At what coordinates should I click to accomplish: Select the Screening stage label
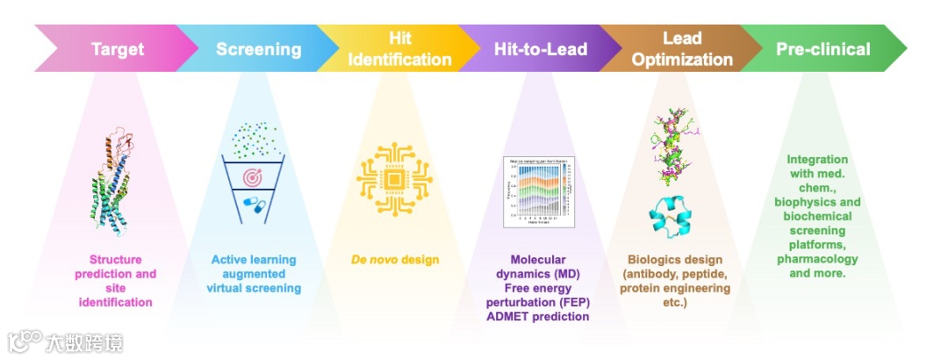(x=258, y=49)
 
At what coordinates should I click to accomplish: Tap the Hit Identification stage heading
(x=399, y=49)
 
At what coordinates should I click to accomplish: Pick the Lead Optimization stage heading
(x=682, y=49)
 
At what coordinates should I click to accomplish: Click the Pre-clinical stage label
(x=822, y=49)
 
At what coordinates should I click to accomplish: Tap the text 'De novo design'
(x=395, y=260)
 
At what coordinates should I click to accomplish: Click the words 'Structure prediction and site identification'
(x=122, y=281)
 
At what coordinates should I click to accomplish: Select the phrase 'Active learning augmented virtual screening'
(x=254, y=274)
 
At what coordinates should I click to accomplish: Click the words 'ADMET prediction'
(x=537, y=316)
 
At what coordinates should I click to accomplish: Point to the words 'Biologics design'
(x=675, y=260)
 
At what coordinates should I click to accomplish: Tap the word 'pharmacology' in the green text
(x=817, y=259)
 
